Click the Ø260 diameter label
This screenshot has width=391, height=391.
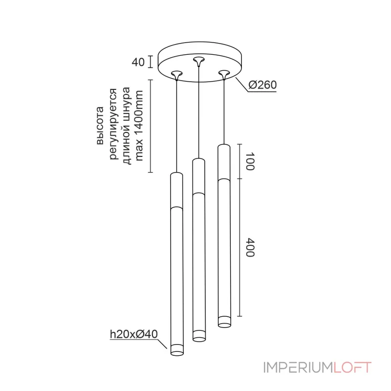[262, 85]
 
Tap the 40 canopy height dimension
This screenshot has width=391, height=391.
[138, 62]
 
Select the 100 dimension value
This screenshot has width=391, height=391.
[250, 161]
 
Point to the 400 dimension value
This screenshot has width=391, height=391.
[250, 247]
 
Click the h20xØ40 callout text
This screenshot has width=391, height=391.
[134, 334]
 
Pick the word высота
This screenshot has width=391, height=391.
[100, 126]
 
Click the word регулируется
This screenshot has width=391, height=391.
[113, 124]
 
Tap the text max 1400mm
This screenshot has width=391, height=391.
[139, 126]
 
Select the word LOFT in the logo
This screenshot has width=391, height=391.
[352, 368]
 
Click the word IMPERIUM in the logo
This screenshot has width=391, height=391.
[299, 368]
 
